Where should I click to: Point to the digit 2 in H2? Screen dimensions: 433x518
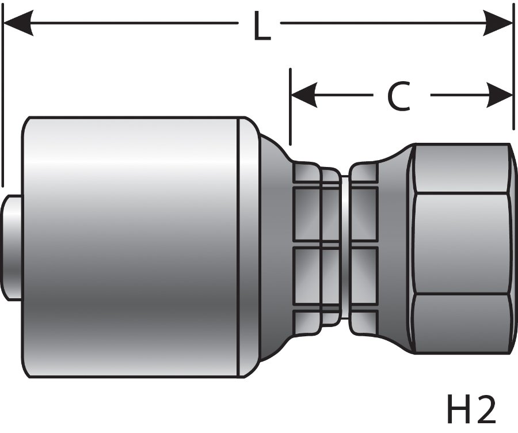(x=485, y=410)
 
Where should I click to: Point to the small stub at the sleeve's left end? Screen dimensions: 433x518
(x=13, y=248)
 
